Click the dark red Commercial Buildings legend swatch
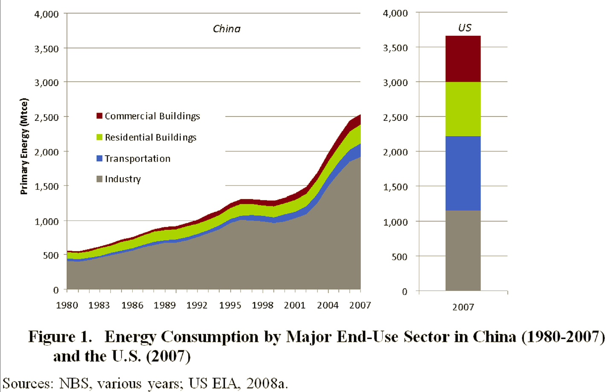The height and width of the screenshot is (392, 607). (x=99, y=116)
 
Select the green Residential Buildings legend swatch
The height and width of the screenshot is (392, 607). (x=99, y=137)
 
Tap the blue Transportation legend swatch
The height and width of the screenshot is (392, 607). (x=99, y=159)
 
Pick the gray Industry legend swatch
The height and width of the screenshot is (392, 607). (x=99, y=179)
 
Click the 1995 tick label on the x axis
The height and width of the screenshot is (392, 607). (x=230, y=305)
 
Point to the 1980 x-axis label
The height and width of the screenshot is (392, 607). (x=67, y=305)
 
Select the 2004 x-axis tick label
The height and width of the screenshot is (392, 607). (x=328, y=305)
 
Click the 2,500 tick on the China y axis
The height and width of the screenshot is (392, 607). (x=46, y=117)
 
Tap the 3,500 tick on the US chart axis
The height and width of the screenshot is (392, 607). (x=395, y=48)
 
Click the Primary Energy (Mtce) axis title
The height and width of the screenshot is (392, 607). (x=24, y=146)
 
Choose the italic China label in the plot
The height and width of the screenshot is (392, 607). (x=227, y=29)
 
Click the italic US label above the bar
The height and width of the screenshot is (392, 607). (x=465, y=28)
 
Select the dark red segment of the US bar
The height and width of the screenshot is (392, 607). (x=463, y=59)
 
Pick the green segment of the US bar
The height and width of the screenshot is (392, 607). (x=463, y=109)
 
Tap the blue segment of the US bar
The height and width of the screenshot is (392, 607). (x=463, y=173)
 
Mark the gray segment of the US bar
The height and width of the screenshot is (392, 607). (x=463, y=250)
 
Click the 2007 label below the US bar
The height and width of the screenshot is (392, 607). (x=463, y=307)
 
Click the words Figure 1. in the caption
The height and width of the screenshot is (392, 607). (x=60, y=337)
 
